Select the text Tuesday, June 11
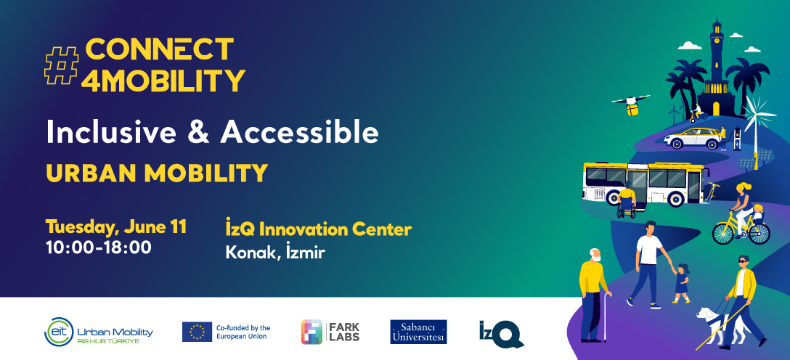coord(116,226)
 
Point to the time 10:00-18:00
coord(98,247)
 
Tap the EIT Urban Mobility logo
coord(99,332)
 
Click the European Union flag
coord(197,332)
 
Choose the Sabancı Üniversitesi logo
coord(418,332)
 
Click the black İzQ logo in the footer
coord(501,332)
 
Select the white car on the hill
coord(693,138)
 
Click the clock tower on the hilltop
coord(716,65)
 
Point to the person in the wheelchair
coord(626,202)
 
